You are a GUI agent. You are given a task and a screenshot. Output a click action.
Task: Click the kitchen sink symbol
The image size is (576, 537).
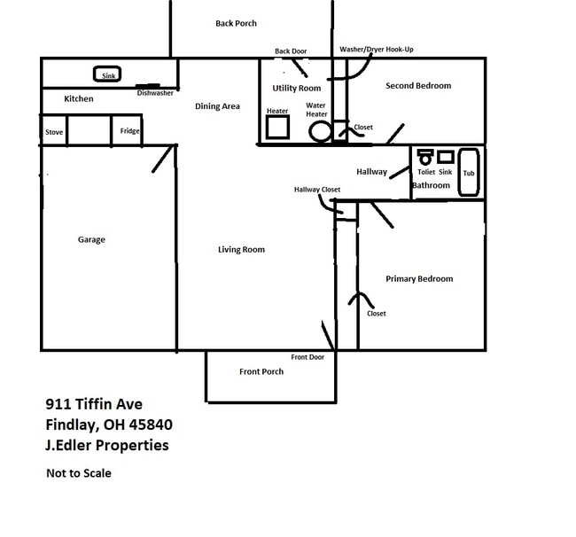(x=108, y=74)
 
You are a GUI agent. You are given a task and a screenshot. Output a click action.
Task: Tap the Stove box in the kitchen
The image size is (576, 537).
(x=54, y=132)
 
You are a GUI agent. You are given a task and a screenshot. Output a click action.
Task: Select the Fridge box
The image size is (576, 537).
(x=129, y=131)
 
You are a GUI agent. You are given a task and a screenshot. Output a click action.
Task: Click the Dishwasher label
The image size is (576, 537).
(x=155, y=93)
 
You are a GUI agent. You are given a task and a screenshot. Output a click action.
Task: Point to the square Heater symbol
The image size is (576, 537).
(x=278, y=128)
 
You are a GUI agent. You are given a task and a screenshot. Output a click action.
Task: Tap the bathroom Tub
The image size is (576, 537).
(x=469, y=173)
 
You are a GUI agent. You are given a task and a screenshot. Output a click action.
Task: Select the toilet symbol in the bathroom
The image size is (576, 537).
(x=425, y=158)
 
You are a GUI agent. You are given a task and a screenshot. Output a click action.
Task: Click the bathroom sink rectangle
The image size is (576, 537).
(x=446, y=157)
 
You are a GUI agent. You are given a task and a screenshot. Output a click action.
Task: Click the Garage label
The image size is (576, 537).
(x=91, y=240)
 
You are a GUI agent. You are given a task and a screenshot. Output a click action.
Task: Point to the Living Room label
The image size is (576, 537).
(x=241, y=250)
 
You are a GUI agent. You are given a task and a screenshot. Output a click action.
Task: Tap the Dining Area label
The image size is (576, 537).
(x=218, y=106)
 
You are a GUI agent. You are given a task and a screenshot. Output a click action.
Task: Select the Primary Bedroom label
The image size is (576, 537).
(x=419, y=279)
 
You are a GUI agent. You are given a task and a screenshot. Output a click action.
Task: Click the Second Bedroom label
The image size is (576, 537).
(x=418, y=86)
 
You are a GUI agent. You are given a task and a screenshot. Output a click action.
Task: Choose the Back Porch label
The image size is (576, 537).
(x=236, y=23)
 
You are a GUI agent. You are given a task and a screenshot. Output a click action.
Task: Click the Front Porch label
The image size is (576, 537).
(x=261, y=371)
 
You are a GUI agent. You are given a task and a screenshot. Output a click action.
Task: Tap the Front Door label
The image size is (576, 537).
(x=307, y=357)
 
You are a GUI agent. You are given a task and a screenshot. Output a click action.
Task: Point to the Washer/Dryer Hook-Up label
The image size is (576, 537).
(x=377, y=50)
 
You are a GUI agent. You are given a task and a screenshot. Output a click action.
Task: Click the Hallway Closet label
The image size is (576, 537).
(x=317, y=190)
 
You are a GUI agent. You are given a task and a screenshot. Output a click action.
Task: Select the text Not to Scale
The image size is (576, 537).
(x=79, y=473)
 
